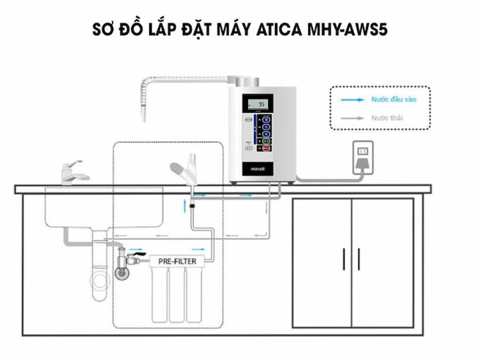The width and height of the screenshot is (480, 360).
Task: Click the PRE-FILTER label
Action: [x=178, y=261]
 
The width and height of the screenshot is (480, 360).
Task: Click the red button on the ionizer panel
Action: [x=266, y=150]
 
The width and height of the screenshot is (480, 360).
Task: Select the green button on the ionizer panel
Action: [x=266, y=141]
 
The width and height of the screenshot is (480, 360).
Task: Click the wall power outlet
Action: [x=364, y=152]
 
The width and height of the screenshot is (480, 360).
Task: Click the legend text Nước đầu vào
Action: [x=393, y=100]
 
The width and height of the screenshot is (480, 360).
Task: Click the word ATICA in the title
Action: [x=273, y=30]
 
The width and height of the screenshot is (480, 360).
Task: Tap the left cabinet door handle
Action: [x=343, y=259]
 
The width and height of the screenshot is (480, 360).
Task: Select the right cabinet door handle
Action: [x=358, y=259]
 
